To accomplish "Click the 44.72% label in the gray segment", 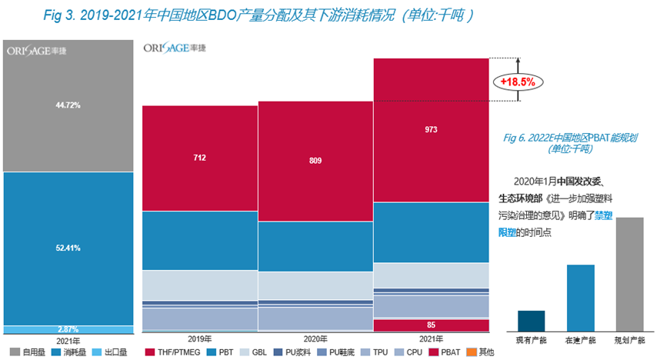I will (x=68, y=104).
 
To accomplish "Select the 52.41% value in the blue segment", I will (x=68, y=248).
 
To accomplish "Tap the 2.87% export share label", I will (x=68, y=329).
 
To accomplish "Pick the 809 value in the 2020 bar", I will (x=315, y=162).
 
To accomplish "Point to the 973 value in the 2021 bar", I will (x=431, y=130).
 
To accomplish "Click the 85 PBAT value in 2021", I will (x=431, y=325).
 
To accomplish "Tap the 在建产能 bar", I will (x=581, y=298).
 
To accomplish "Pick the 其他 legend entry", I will (x=481, y=352).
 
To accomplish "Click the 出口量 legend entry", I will (x=109, y=352).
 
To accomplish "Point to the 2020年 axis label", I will (x=315, y=338).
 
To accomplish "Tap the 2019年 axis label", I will (x=200, y=338).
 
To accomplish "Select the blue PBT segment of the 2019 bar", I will (x=200, y=240).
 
